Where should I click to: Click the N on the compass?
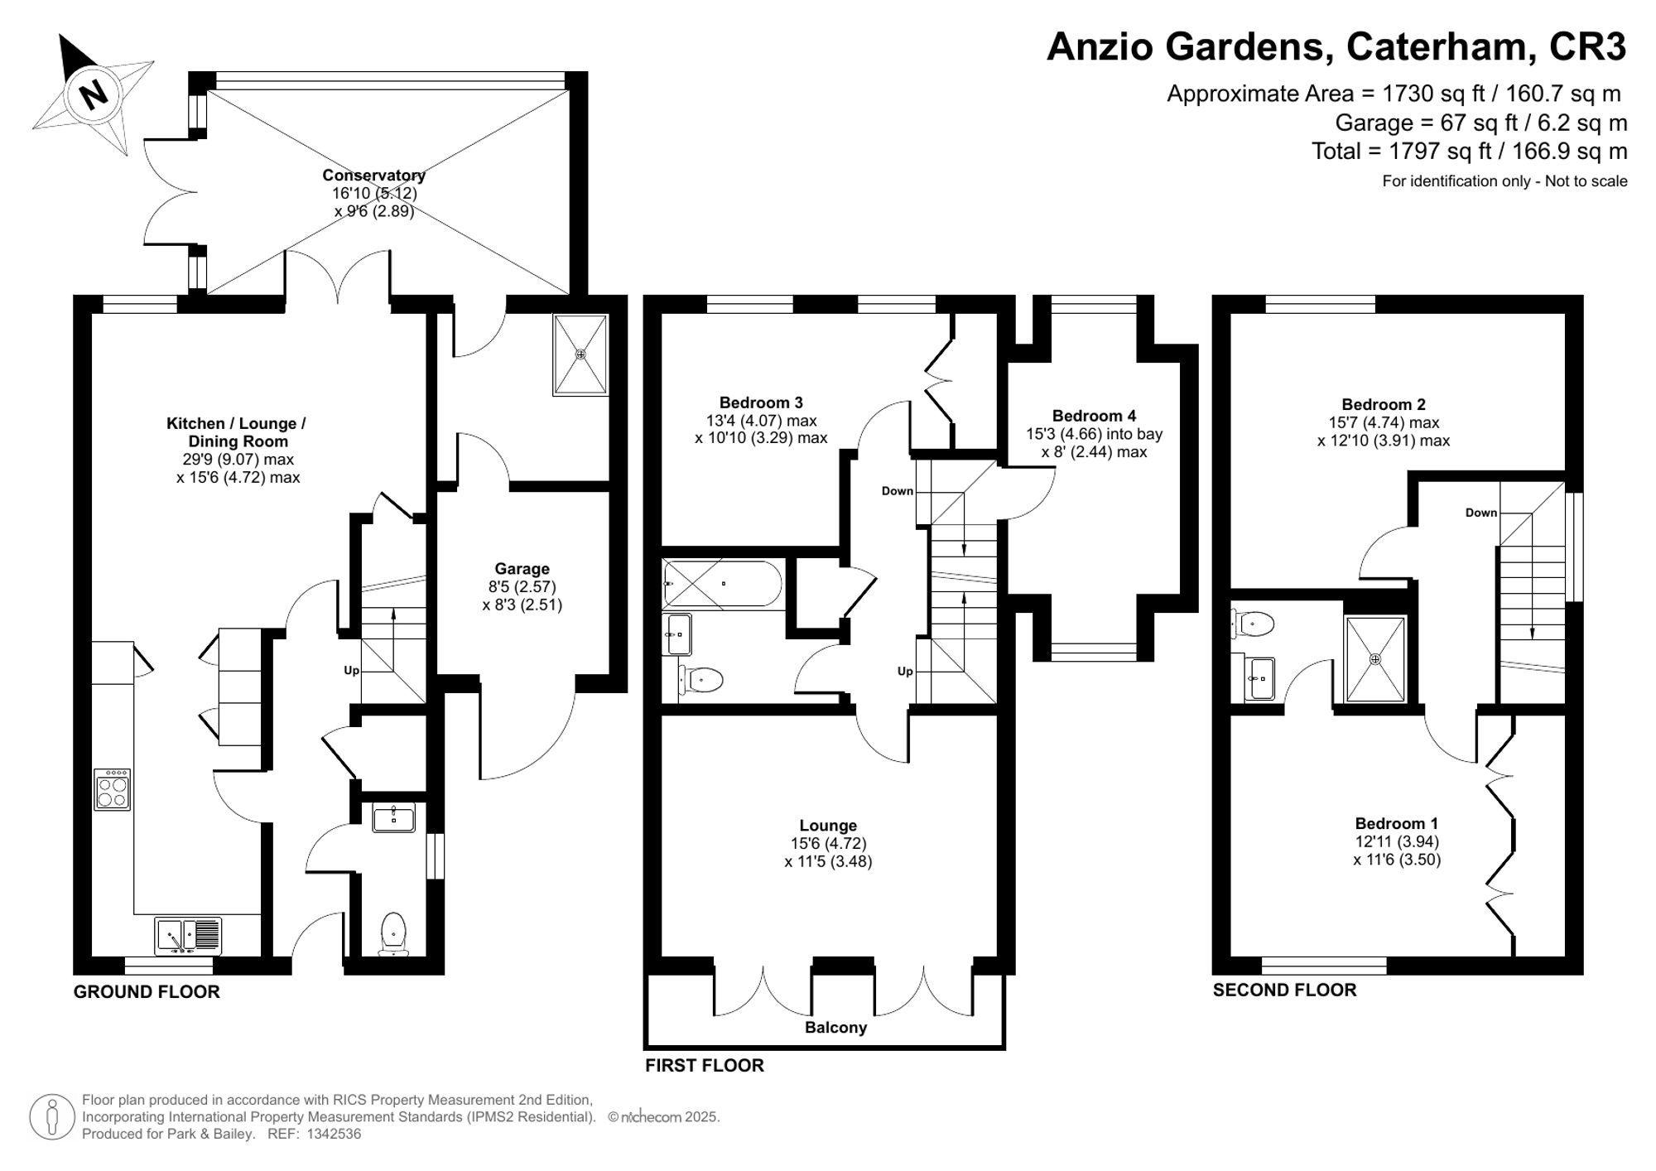click(94, 93)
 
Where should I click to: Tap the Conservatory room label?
click(373, 176)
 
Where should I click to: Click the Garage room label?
click(522, 569)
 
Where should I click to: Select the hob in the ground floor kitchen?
click(112, 789)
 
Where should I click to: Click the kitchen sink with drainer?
click(189, 935)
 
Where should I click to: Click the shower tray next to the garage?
click(580, 354)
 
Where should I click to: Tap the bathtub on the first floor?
click(722, 584)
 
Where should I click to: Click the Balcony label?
click(835, 1028)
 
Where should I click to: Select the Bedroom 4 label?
click(1094, 416)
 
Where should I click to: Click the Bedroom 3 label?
click(760, 403)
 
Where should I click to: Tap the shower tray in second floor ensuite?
click(1375, 659)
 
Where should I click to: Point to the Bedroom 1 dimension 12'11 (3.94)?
click(1397, 841)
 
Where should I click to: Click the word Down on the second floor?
click(1480, 513)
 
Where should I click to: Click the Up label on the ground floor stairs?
click(351, 671)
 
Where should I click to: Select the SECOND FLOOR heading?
click(1284, 990)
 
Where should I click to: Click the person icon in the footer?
click(52, 1117)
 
